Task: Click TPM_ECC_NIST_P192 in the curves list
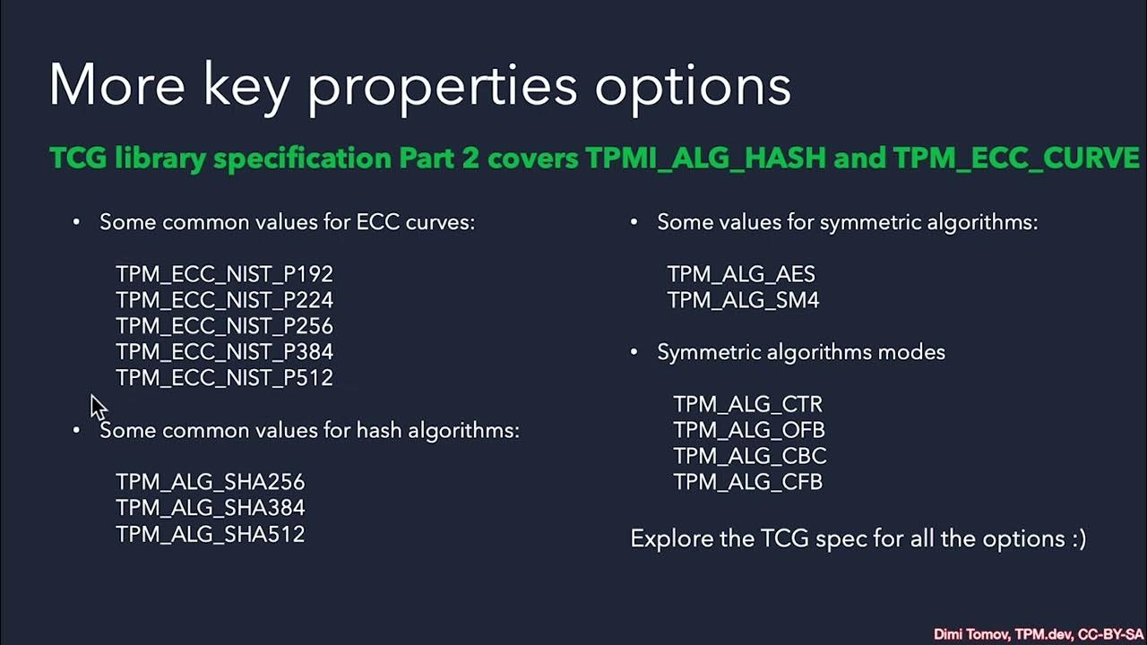coord(224,274)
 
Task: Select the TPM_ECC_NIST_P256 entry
coord(224,326)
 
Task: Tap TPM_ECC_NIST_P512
coord(224,378)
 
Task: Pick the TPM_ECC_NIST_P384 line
coord(224,352)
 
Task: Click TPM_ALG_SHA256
coord(210,482)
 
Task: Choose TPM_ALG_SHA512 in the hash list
coord(210,534)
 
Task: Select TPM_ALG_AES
coord(741,274)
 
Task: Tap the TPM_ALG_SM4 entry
coord(743,300)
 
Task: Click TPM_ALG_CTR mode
coord(747,404)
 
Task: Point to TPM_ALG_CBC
coord(749,456)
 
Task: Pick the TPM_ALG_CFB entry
coord(747,482)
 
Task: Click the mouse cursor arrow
coord(98,406)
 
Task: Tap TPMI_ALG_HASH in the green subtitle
coord(705,159)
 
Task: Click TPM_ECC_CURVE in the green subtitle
coord(1016,159)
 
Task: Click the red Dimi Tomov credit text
coord(1038,634)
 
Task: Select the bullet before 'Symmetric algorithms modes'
coord(634,352)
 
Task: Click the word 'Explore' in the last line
coord(663,539)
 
